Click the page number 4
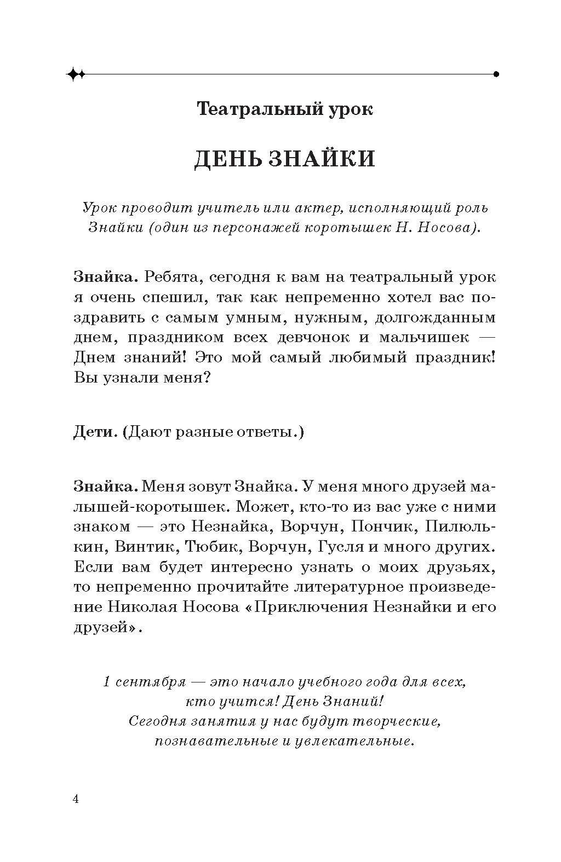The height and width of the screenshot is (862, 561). [76, 799]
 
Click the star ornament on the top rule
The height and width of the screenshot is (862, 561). [76, 74]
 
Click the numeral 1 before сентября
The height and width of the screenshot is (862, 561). [107, 682]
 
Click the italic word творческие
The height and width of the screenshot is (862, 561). [390, 722]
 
